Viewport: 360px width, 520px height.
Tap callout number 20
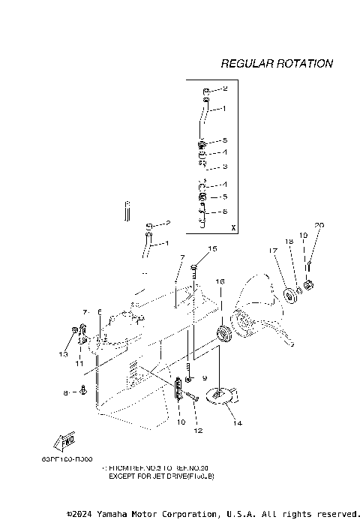click(319, 225)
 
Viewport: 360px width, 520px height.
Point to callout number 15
click(212, 248)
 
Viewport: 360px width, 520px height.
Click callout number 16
click(220, 281)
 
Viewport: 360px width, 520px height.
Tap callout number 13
click(64, 353)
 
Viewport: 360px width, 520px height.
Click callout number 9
click(204, 378)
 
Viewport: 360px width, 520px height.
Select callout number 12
click(198, 431)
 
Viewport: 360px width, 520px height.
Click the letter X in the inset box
click(233, 227)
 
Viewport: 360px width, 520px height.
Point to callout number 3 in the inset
click(224, 167)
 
